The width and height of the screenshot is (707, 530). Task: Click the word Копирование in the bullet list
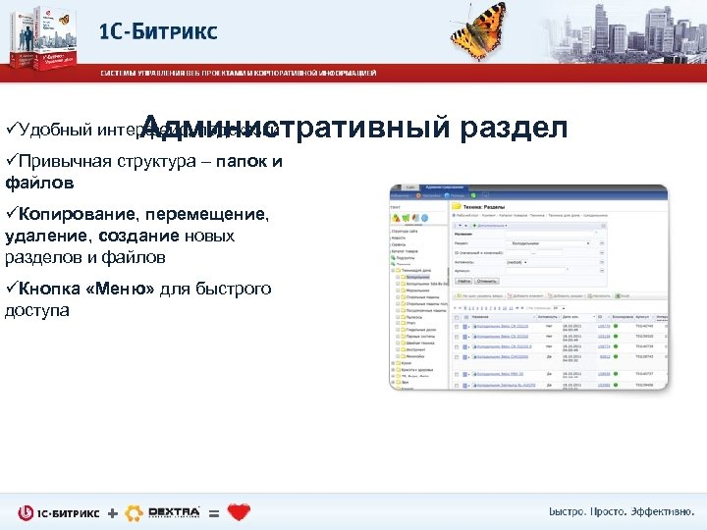pyautogui.click(x=80, y=214)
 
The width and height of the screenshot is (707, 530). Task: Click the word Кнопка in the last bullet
pyautogui.click(x=48, y=289)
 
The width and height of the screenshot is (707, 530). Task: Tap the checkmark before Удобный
pyautogui.click(x=10, y=130)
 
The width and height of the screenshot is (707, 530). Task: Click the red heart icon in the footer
pyautogui.click(x=239, y=512)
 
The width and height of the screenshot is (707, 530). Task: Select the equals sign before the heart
pyautogui.click(x=214, y=513)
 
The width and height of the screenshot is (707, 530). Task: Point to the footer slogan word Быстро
pyautogui.click(x=571, y=512)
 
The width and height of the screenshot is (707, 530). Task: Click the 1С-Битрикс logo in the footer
pyautogui.click(x=59, y=512)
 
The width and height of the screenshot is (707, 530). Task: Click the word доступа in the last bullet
pyautogui.click(x=37, y=309)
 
